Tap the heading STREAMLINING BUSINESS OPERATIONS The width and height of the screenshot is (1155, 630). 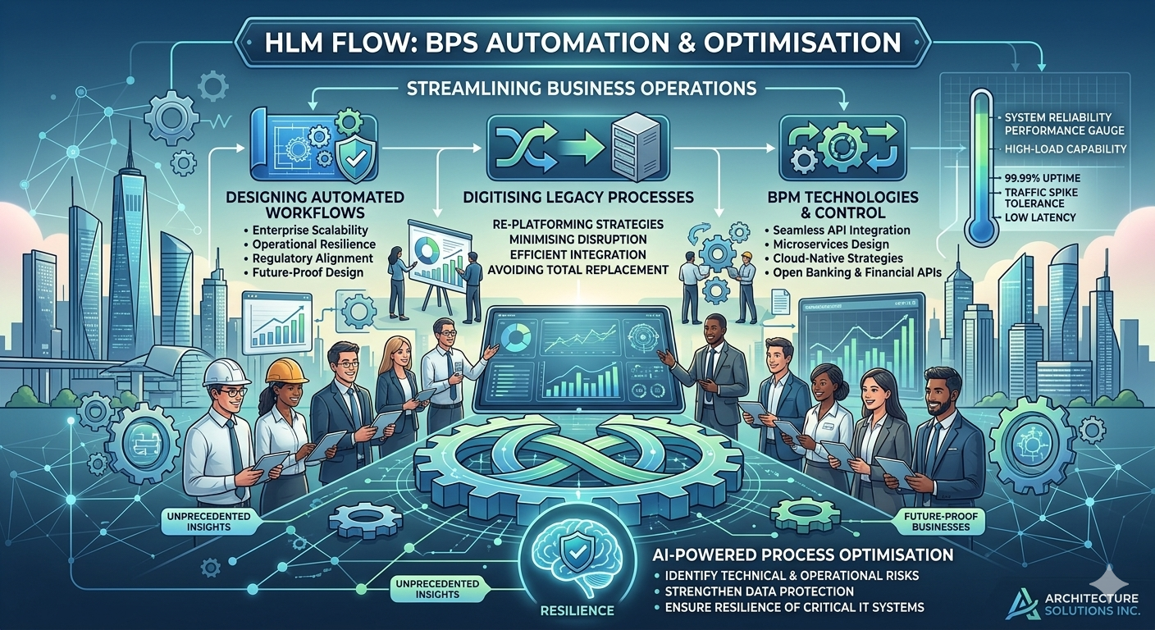581,89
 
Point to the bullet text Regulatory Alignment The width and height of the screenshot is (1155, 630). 313,258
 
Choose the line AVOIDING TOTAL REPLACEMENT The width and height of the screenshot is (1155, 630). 578,270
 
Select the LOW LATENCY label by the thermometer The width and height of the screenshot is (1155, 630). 1040,217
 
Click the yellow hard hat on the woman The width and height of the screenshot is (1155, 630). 286,370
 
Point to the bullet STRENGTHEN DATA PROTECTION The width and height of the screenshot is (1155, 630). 759,591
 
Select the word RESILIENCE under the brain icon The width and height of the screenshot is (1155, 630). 577,611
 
